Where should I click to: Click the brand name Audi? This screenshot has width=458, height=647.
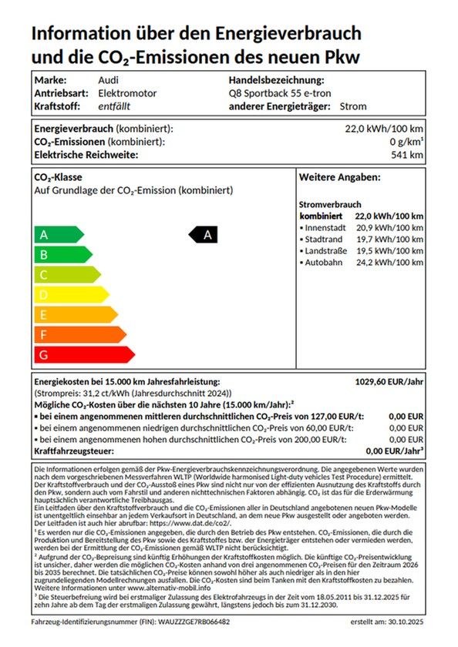click(109, 80)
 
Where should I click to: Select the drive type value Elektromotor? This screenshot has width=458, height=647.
click(127, 93)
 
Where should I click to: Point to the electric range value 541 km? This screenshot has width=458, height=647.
click(407, 155)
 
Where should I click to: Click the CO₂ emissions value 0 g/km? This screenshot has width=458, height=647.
click(406, 142)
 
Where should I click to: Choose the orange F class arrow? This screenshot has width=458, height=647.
click(79, 335)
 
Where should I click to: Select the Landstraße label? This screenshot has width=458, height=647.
click(326, 251)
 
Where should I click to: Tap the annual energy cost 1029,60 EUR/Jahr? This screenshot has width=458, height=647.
click(388, 381)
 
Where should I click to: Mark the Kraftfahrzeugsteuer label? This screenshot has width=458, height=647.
click(74, 451)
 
